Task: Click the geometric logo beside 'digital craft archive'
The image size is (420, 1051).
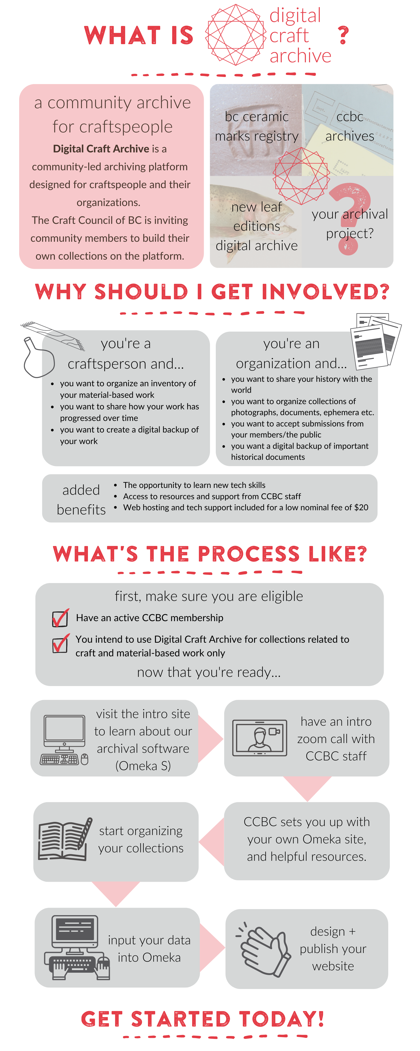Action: (236, 35)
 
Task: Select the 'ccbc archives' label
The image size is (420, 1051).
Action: (349, 126)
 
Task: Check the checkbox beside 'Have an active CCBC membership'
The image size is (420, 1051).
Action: (60, 618)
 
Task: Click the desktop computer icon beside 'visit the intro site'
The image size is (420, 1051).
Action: (64, 740)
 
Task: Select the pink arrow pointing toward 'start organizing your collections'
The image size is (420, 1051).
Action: (212, 842)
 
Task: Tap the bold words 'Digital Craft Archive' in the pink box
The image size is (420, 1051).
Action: (101, 149)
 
